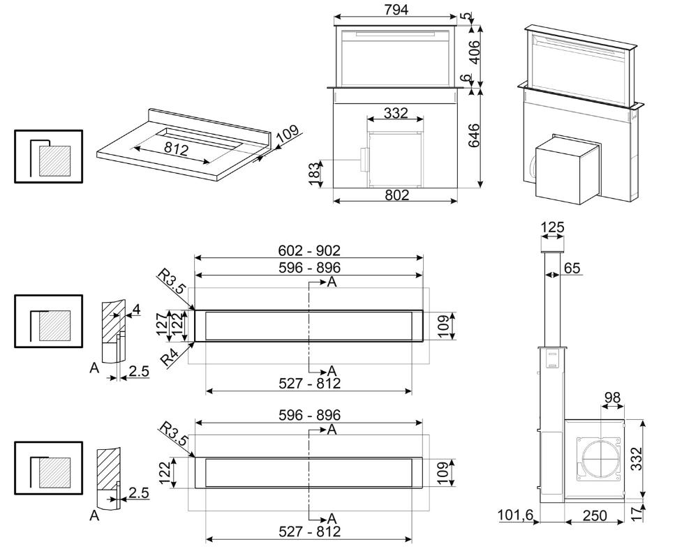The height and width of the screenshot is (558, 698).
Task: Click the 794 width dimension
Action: pyautogui.click(x=396, y=9)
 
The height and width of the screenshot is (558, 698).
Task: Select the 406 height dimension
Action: pyautogui.click(x=475, y=52)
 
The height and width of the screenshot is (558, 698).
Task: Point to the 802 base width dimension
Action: pyautogui.click(x=396, y=195)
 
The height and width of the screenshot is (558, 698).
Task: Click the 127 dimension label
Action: pyautogui.click(x=163, y=324)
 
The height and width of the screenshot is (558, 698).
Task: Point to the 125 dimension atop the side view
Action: pyautogui.click(x=552, y=227)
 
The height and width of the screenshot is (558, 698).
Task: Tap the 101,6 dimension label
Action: pyautogui.click(x=516, y=515)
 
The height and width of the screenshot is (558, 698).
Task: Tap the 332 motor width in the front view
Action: pyautogui.click(x=396, y=112)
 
